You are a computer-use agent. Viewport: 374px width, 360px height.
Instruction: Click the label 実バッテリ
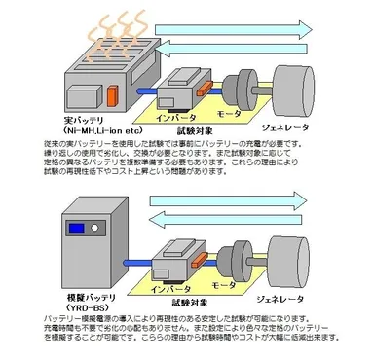(79, 119)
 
